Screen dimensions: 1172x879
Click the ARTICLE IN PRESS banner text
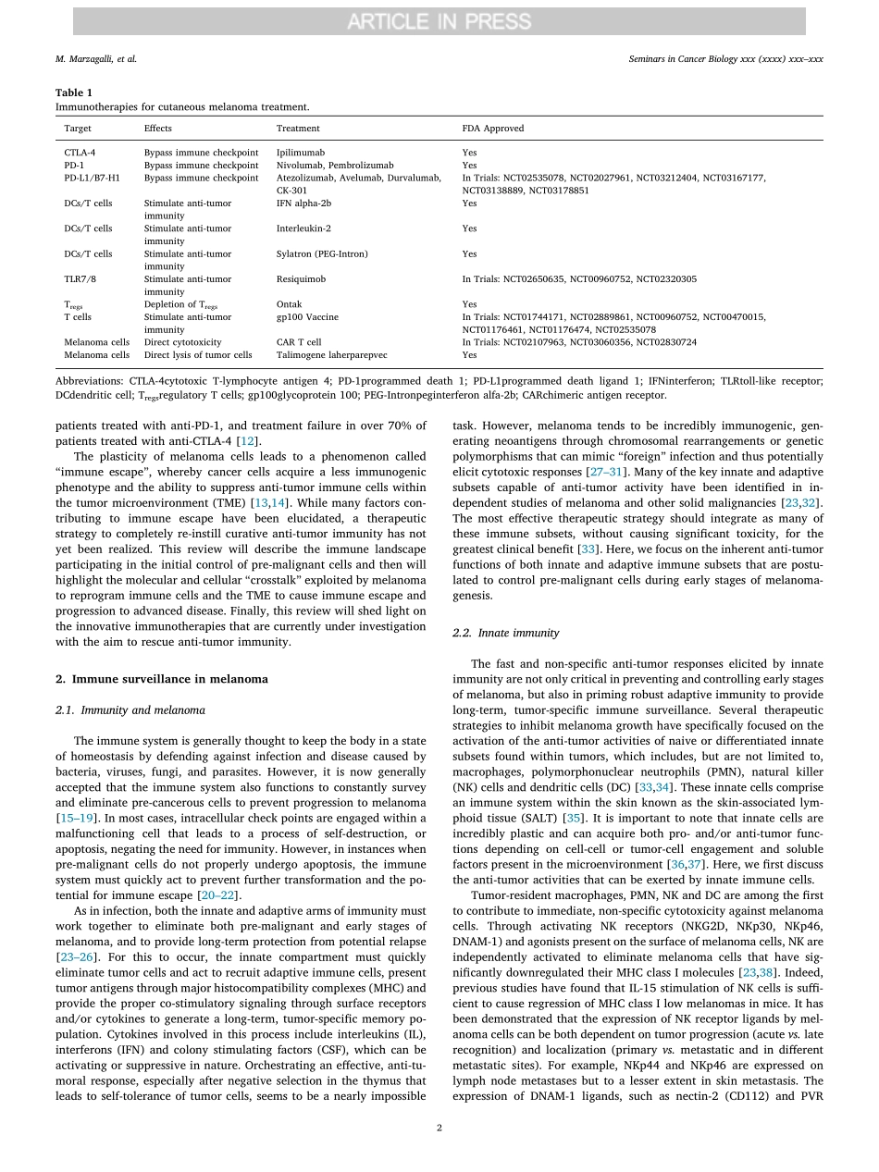439,21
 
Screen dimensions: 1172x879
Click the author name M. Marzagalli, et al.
95,59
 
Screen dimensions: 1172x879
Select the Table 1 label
74,93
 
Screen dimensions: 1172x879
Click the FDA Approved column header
493,129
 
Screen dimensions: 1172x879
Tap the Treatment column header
298,129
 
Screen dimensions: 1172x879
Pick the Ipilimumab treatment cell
300,153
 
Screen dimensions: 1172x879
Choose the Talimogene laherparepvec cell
331,354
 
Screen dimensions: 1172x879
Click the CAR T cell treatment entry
299,342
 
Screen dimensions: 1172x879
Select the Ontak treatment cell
289,304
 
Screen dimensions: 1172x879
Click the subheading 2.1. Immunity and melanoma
130,710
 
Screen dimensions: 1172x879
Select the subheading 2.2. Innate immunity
505,633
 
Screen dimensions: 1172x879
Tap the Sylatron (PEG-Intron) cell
321,253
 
